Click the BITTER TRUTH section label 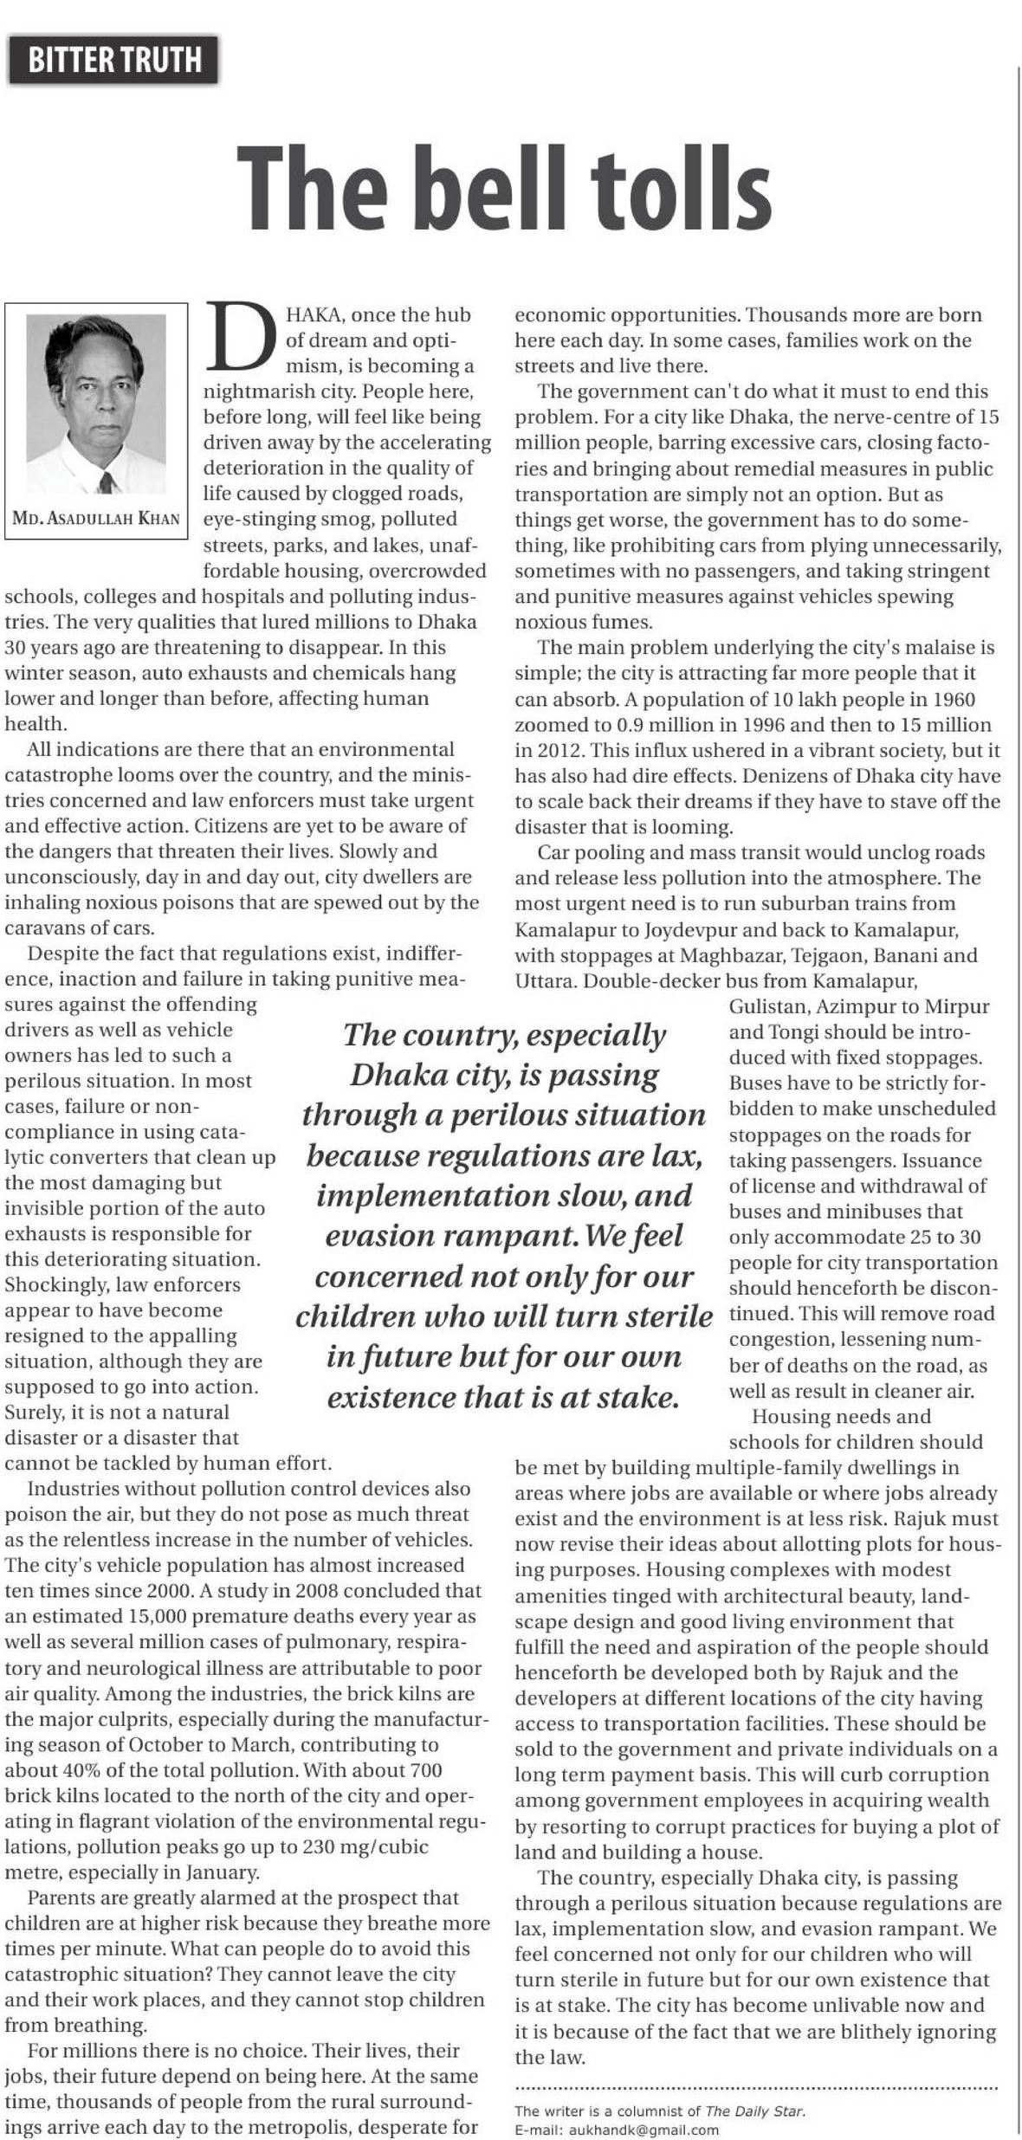click(115, 61)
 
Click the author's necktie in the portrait click(107, 482)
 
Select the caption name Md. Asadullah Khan click(96, 520)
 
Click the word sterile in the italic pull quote click(657, 1316)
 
